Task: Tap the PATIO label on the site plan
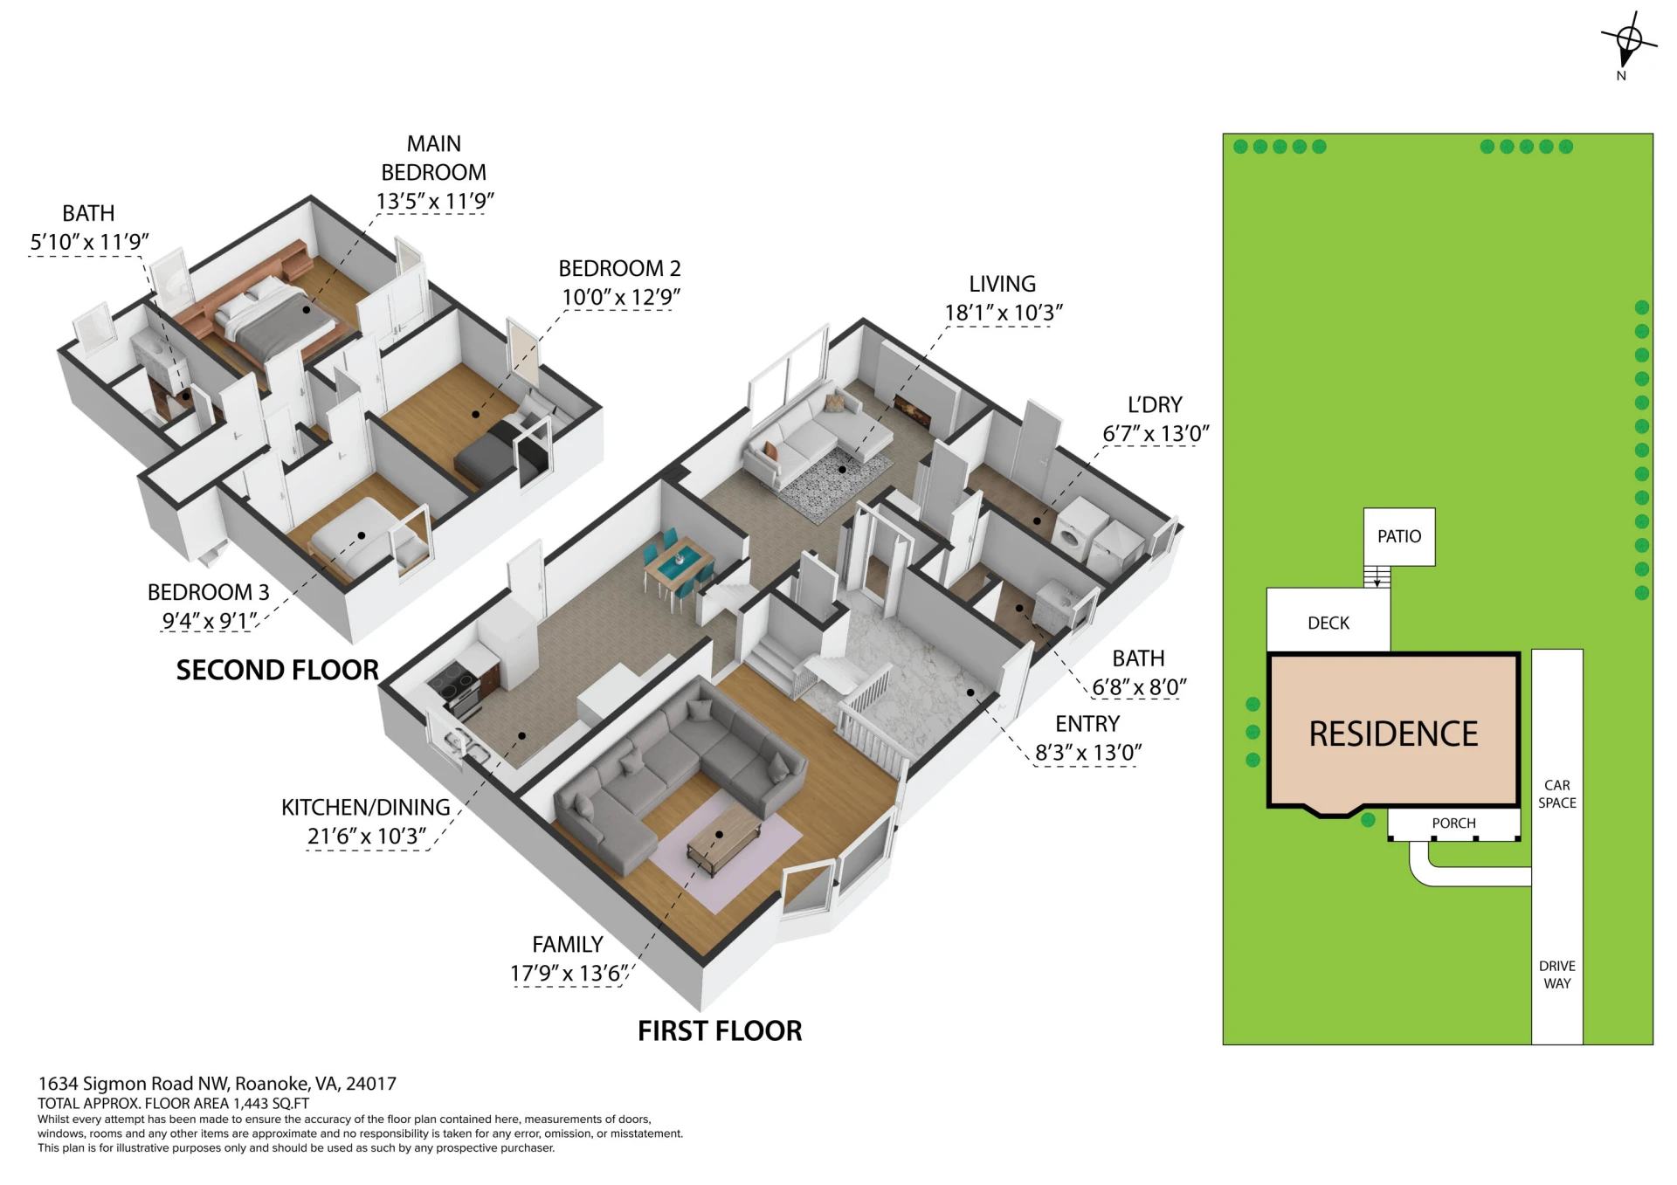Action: point(1399,536)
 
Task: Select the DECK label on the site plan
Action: point(1328,623)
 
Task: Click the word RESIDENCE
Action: point(1393,734)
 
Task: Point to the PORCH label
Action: point(1453,823)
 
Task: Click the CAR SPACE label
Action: point(1557,794)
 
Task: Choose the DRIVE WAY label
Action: point(1557,975)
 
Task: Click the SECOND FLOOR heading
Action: point(278,670)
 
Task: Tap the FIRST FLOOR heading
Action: point(720,1030)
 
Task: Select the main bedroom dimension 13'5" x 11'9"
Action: point(435,201)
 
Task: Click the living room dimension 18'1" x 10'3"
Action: point(1004,313)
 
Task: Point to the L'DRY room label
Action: point(1155,404)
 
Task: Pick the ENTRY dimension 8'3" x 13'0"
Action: point(1088,752)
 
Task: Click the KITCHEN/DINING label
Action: point(366,807)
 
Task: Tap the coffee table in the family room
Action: point(724,839)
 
